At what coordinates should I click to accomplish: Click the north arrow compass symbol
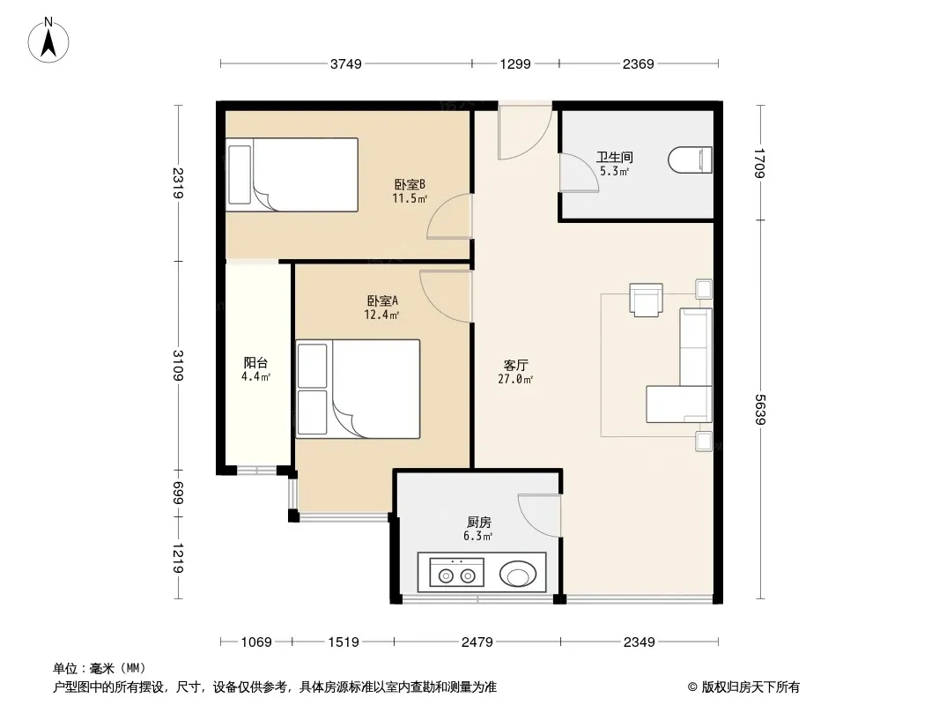[48, 41]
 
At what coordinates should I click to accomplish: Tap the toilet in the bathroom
[690, 160]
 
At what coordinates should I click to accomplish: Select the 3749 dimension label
[346, 63]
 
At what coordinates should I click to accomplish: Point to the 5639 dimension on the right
[760, 409]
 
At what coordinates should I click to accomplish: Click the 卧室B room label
[410, 184]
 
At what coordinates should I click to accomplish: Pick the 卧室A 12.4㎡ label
[382, 308]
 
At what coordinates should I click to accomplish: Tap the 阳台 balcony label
[255, 362]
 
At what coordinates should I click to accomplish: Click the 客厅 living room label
[515, 365]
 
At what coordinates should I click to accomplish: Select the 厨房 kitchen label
[479, 523]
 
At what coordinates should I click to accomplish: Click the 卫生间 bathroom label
[615, 157]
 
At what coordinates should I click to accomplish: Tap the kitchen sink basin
[518, 574]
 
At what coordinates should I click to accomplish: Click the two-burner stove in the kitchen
[456, 573]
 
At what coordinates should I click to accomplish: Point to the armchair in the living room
[647, 300]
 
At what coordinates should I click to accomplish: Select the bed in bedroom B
[292, 174]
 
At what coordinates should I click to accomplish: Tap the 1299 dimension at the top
[515, 63]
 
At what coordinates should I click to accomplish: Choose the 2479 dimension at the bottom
[477, 642]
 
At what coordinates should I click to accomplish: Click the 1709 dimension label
[760, 163]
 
